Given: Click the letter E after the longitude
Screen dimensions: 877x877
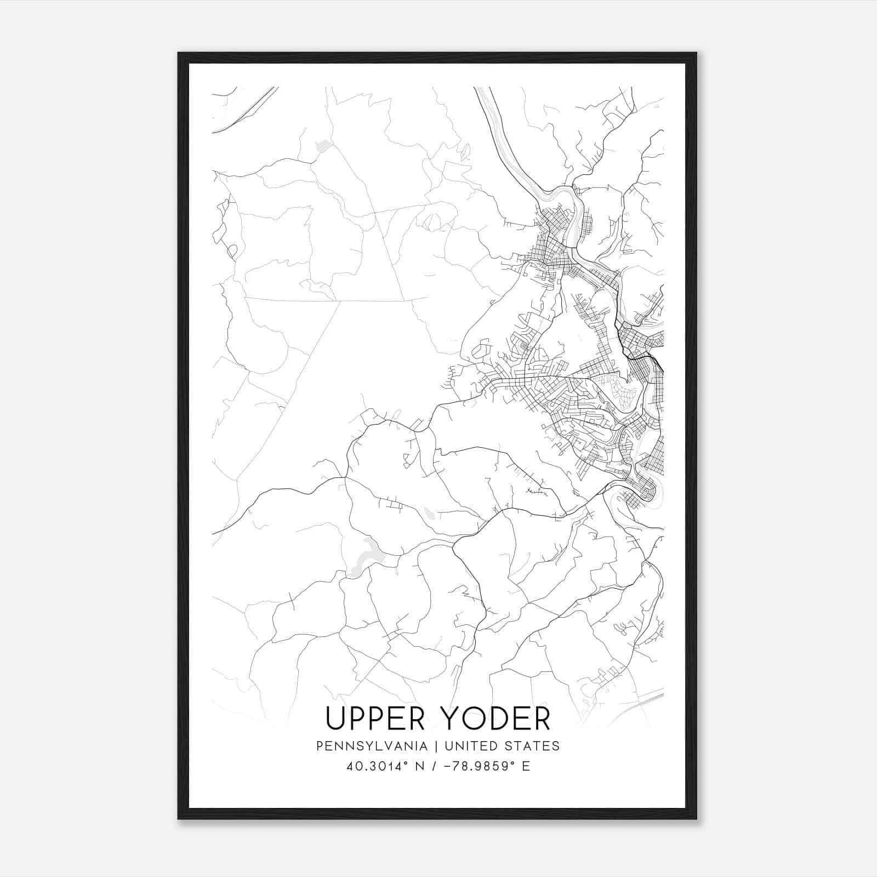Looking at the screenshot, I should point(526,766).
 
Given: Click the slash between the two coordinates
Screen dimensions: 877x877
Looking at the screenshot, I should point(434,766).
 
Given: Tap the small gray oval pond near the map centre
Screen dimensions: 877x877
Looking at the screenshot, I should point(429,514).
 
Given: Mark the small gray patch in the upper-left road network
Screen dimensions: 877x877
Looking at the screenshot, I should point(323,146).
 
